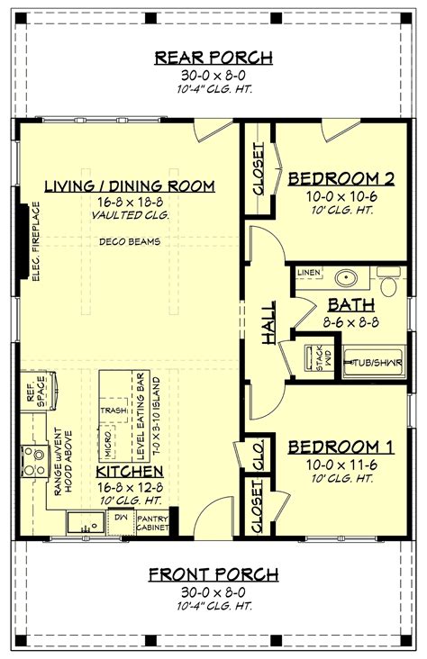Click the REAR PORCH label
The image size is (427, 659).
213,58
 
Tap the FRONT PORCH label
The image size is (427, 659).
213,573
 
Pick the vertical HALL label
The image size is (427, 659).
268,321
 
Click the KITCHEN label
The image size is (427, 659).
131,471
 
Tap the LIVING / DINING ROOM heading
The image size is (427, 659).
131,186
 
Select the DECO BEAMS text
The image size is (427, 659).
131,241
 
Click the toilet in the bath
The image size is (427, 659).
390,284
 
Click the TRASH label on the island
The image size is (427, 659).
114,408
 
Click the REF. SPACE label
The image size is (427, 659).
35,392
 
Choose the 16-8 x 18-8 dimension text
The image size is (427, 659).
131,203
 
